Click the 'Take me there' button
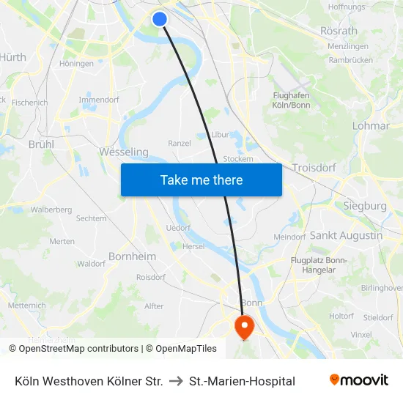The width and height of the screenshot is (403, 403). [x=202, y=180]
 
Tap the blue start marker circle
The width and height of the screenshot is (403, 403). [x=160, y=19]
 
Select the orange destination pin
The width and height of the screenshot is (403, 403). [x=243, y=325]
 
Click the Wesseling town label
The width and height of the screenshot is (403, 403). [x=123, y=152]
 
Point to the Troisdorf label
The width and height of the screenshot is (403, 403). [x=314, y=168]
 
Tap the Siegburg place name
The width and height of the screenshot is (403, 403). [x=365, y=206]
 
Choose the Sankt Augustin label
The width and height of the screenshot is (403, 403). [x=346, y=235]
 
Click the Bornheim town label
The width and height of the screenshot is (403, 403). [x=132, y=256]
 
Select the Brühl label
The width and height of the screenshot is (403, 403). [x=41, y=144]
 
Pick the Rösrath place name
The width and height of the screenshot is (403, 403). [x=339, y=31]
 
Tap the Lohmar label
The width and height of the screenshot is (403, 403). [x=371, y=125]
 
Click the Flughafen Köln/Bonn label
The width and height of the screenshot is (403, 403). [x=290, y=100]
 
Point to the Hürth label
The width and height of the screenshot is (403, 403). [x=12, y=57]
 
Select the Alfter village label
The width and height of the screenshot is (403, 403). [x=154, y=306]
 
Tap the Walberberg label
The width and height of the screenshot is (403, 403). [x=51, y=210]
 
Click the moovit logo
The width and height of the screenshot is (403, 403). [x=358, y=380]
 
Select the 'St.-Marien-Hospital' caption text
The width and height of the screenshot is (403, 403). [x=242, y=381]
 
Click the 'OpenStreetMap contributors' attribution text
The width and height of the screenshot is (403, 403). [x=78, y=349]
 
